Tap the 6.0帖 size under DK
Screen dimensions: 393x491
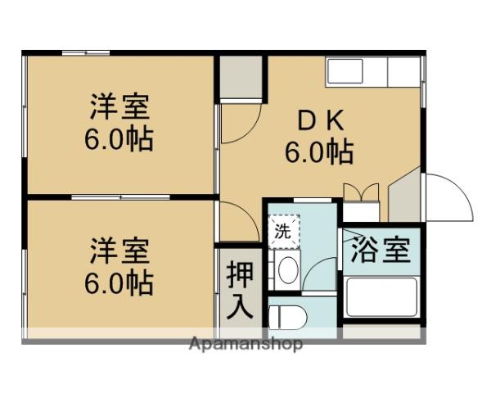coord(318,151)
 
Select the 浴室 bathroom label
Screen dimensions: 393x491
coord(380,251)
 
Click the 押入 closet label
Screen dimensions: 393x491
coord(240,288)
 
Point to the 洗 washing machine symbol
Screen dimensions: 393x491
coord(283,231)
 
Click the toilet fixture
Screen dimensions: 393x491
coord(285,316)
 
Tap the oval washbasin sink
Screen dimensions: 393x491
coord(288,270)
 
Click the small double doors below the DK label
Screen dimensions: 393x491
coord(361,193)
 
